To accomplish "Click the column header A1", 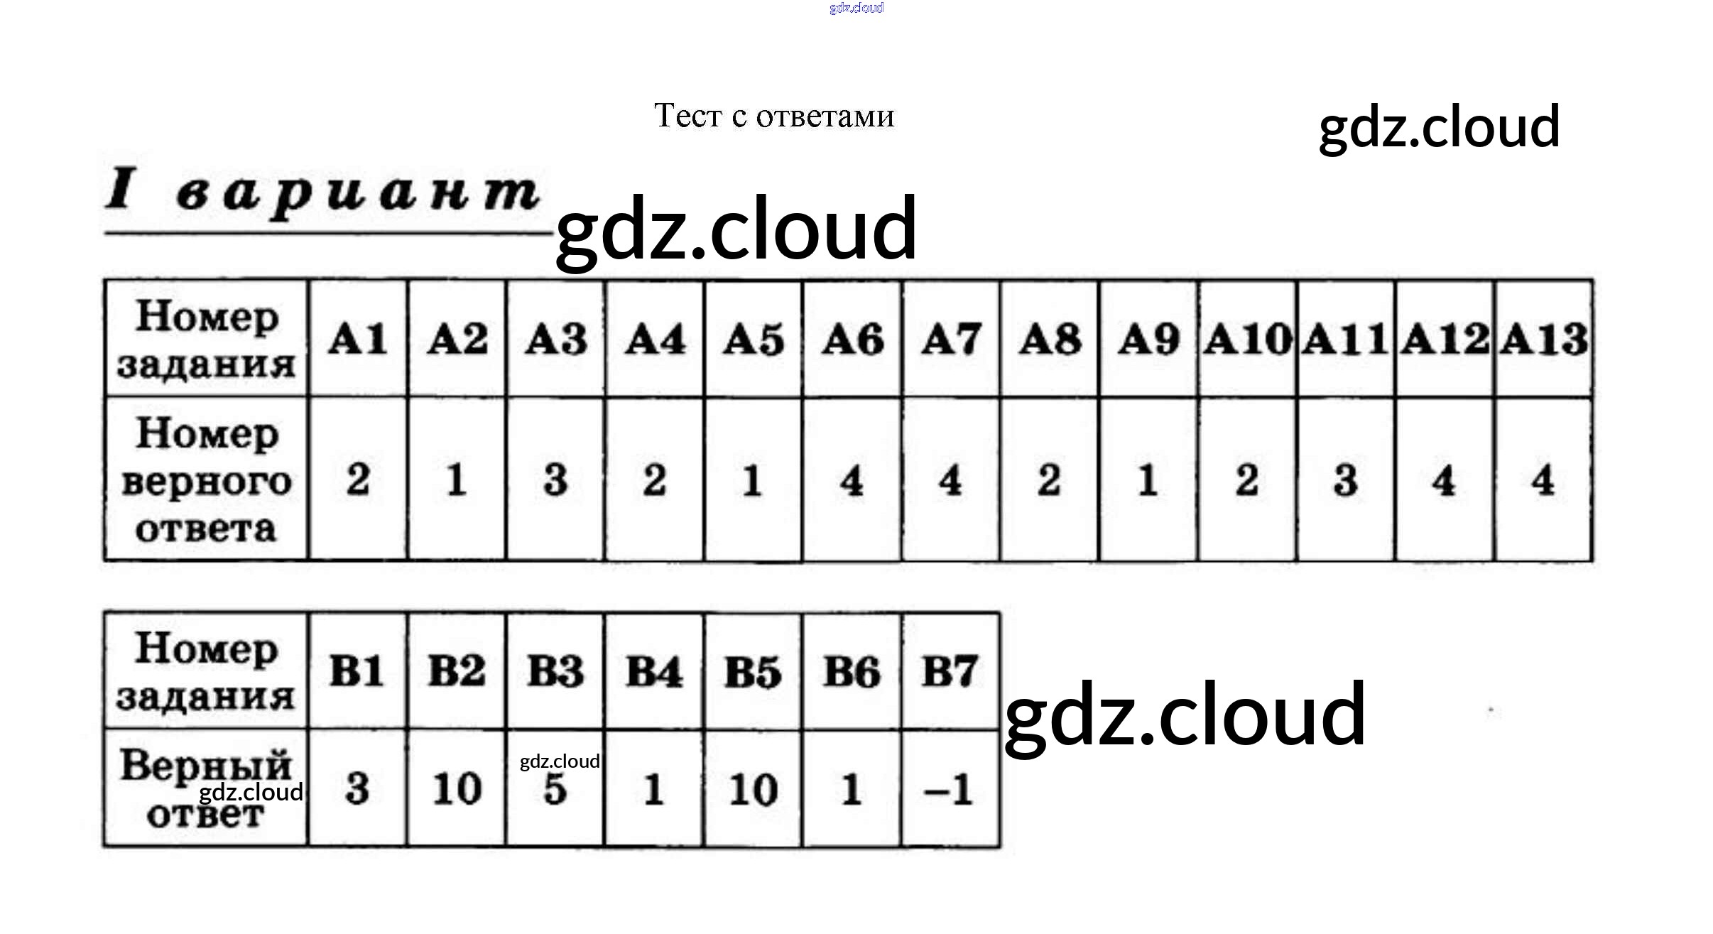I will (x=357, y=339).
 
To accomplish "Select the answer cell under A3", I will (x=555, y=480).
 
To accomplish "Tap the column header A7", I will (x=950, y=339).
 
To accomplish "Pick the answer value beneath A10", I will (x=1246, y=480).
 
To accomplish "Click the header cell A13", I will (x=1543, y=339).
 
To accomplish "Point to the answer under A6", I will (x=852, y=480).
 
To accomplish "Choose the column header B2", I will (x=456, y=671).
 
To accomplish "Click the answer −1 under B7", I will (x=949, y=789).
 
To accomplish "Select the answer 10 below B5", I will (x=753, y=789).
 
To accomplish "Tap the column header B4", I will (x=653, y=671).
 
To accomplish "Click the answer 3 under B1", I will (x=357, y=789).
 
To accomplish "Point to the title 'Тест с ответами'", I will (x=773, y=116).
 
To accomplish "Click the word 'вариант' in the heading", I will (x=358, y=194).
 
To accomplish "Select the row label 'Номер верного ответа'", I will (x=206, y=480).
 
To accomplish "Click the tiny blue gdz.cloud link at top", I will (x=856, y=8).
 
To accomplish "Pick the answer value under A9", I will (x=1148, y=480).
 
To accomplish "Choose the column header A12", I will (x=1445, y=339).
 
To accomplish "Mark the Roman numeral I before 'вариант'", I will (x=120, y=189).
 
